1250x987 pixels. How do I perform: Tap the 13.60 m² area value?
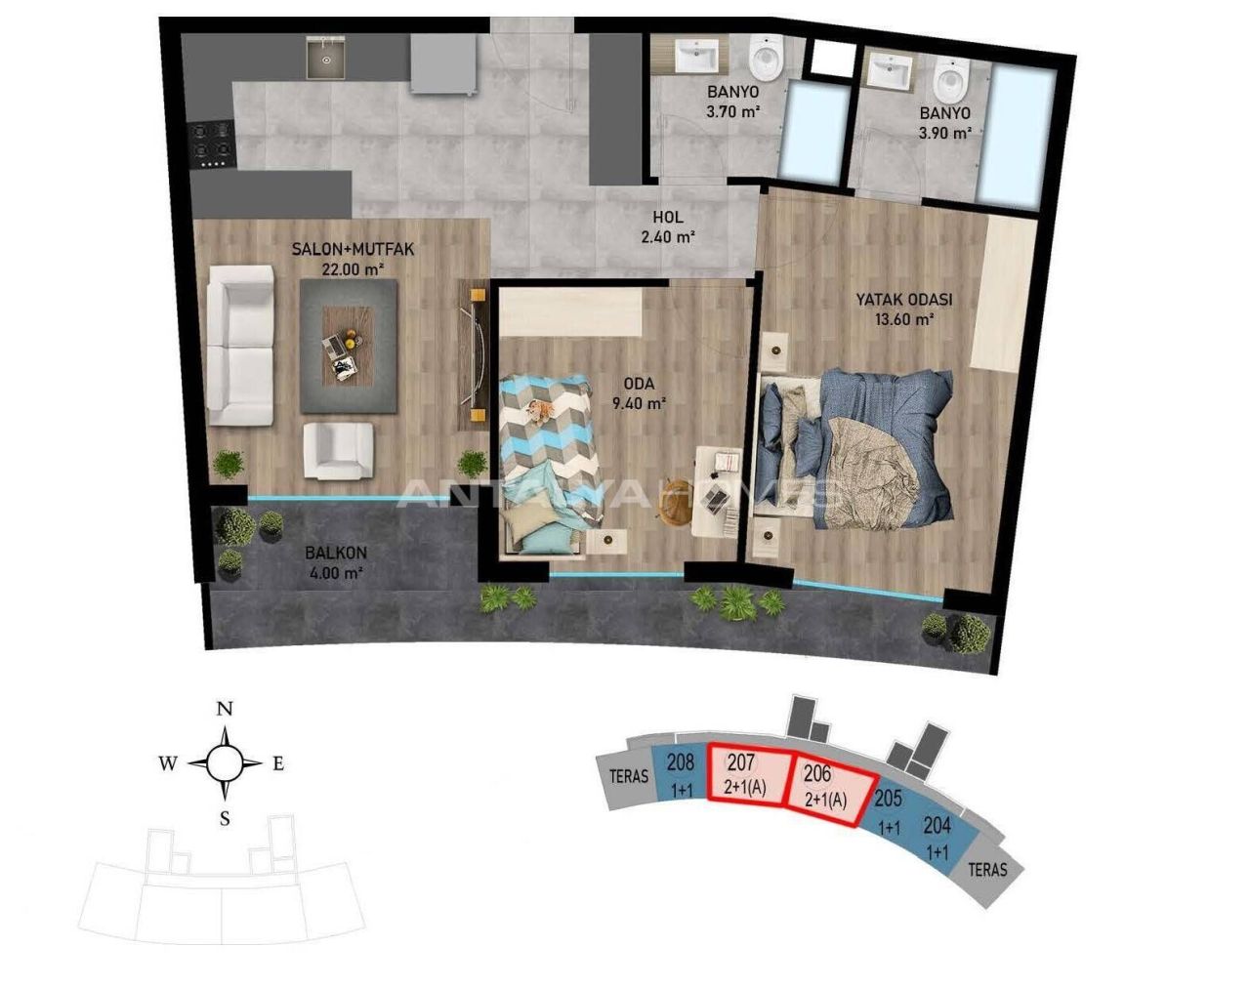coord(903,318)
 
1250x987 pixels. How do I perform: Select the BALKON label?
coord(336,553)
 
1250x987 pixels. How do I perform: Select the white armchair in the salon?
coord(337,450)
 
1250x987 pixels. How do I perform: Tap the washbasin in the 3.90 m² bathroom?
coord(891,70)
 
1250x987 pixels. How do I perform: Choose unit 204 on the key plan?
coord(937,838)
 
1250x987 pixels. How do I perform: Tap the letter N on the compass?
coord(225,709)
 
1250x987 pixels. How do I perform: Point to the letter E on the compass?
coord(277,764)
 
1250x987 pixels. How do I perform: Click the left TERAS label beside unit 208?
coord(629,777)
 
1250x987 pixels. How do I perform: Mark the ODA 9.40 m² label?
coord(640,392)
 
